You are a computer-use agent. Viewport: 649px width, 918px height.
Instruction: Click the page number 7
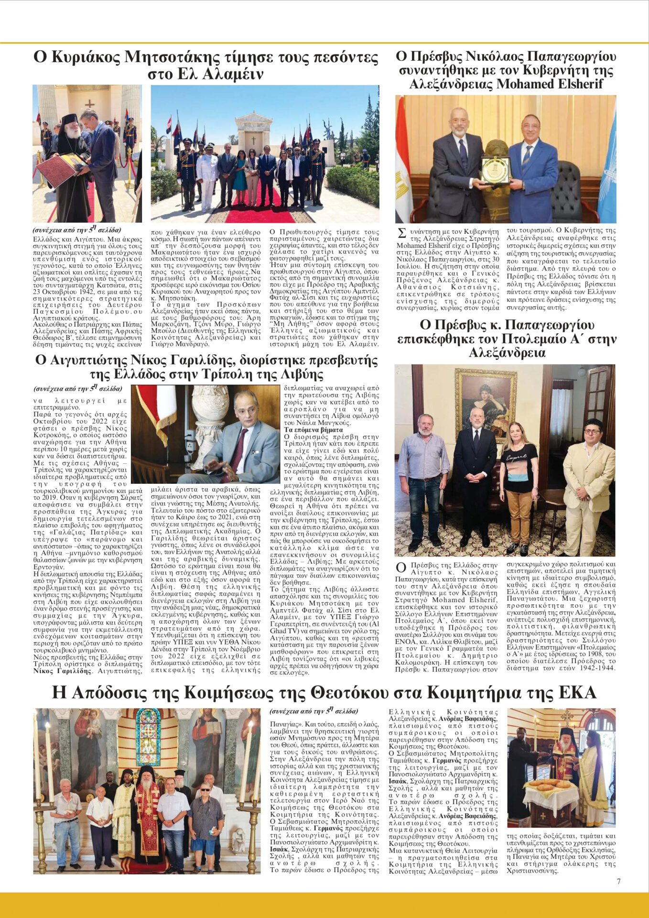coord(618,881)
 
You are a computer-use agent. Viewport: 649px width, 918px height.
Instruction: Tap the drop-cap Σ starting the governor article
coord(401,234)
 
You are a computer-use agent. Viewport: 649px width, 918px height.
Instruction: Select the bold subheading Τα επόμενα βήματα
coord(306,430)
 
